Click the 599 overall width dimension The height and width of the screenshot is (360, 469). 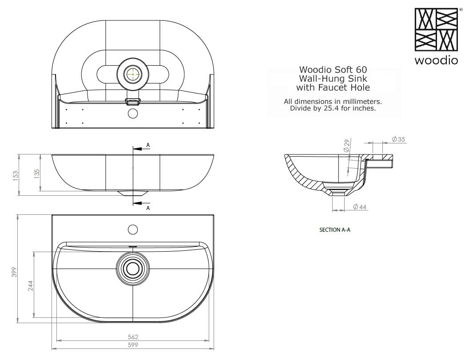(133, 345)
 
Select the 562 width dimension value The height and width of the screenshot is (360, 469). (133, 336)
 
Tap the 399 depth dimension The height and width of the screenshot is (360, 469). (14, 272)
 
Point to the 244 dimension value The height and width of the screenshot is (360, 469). (31, 285)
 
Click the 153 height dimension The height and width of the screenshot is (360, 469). (16, 174)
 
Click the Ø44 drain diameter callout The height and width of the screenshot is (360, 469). (360, 207)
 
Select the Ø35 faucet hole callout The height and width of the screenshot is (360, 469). (398, 139)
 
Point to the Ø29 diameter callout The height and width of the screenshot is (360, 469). (346, 145)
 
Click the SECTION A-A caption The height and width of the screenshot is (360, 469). (335, 229)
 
